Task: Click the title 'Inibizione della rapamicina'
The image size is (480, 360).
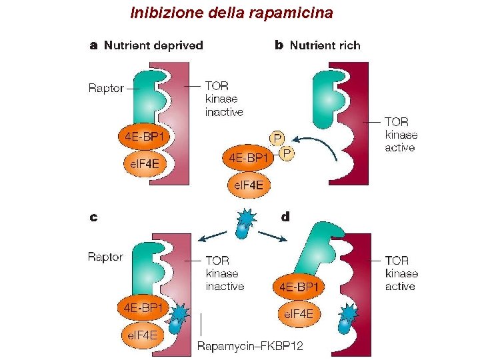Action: (231, 13)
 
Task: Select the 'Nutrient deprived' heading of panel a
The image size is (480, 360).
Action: (153, 45)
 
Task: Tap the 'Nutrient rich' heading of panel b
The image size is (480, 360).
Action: (325, 45)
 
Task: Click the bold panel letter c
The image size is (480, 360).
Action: (94, 216)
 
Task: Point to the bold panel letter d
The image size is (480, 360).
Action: (285, 216)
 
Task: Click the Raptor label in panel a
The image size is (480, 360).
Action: (106, 88)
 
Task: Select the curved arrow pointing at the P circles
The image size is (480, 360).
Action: (317, 144)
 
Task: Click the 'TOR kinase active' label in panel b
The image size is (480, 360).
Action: (401, 135)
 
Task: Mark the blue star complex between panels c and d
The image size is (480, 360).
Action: (246, 223)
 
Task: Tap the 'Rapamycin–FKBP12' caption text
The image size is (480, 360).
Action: (250, 345)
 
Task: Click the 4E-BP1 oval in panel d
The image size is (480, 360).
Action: (298, 287)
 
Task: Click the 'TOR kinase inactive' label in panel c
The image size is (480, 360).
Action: (225, 273)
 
